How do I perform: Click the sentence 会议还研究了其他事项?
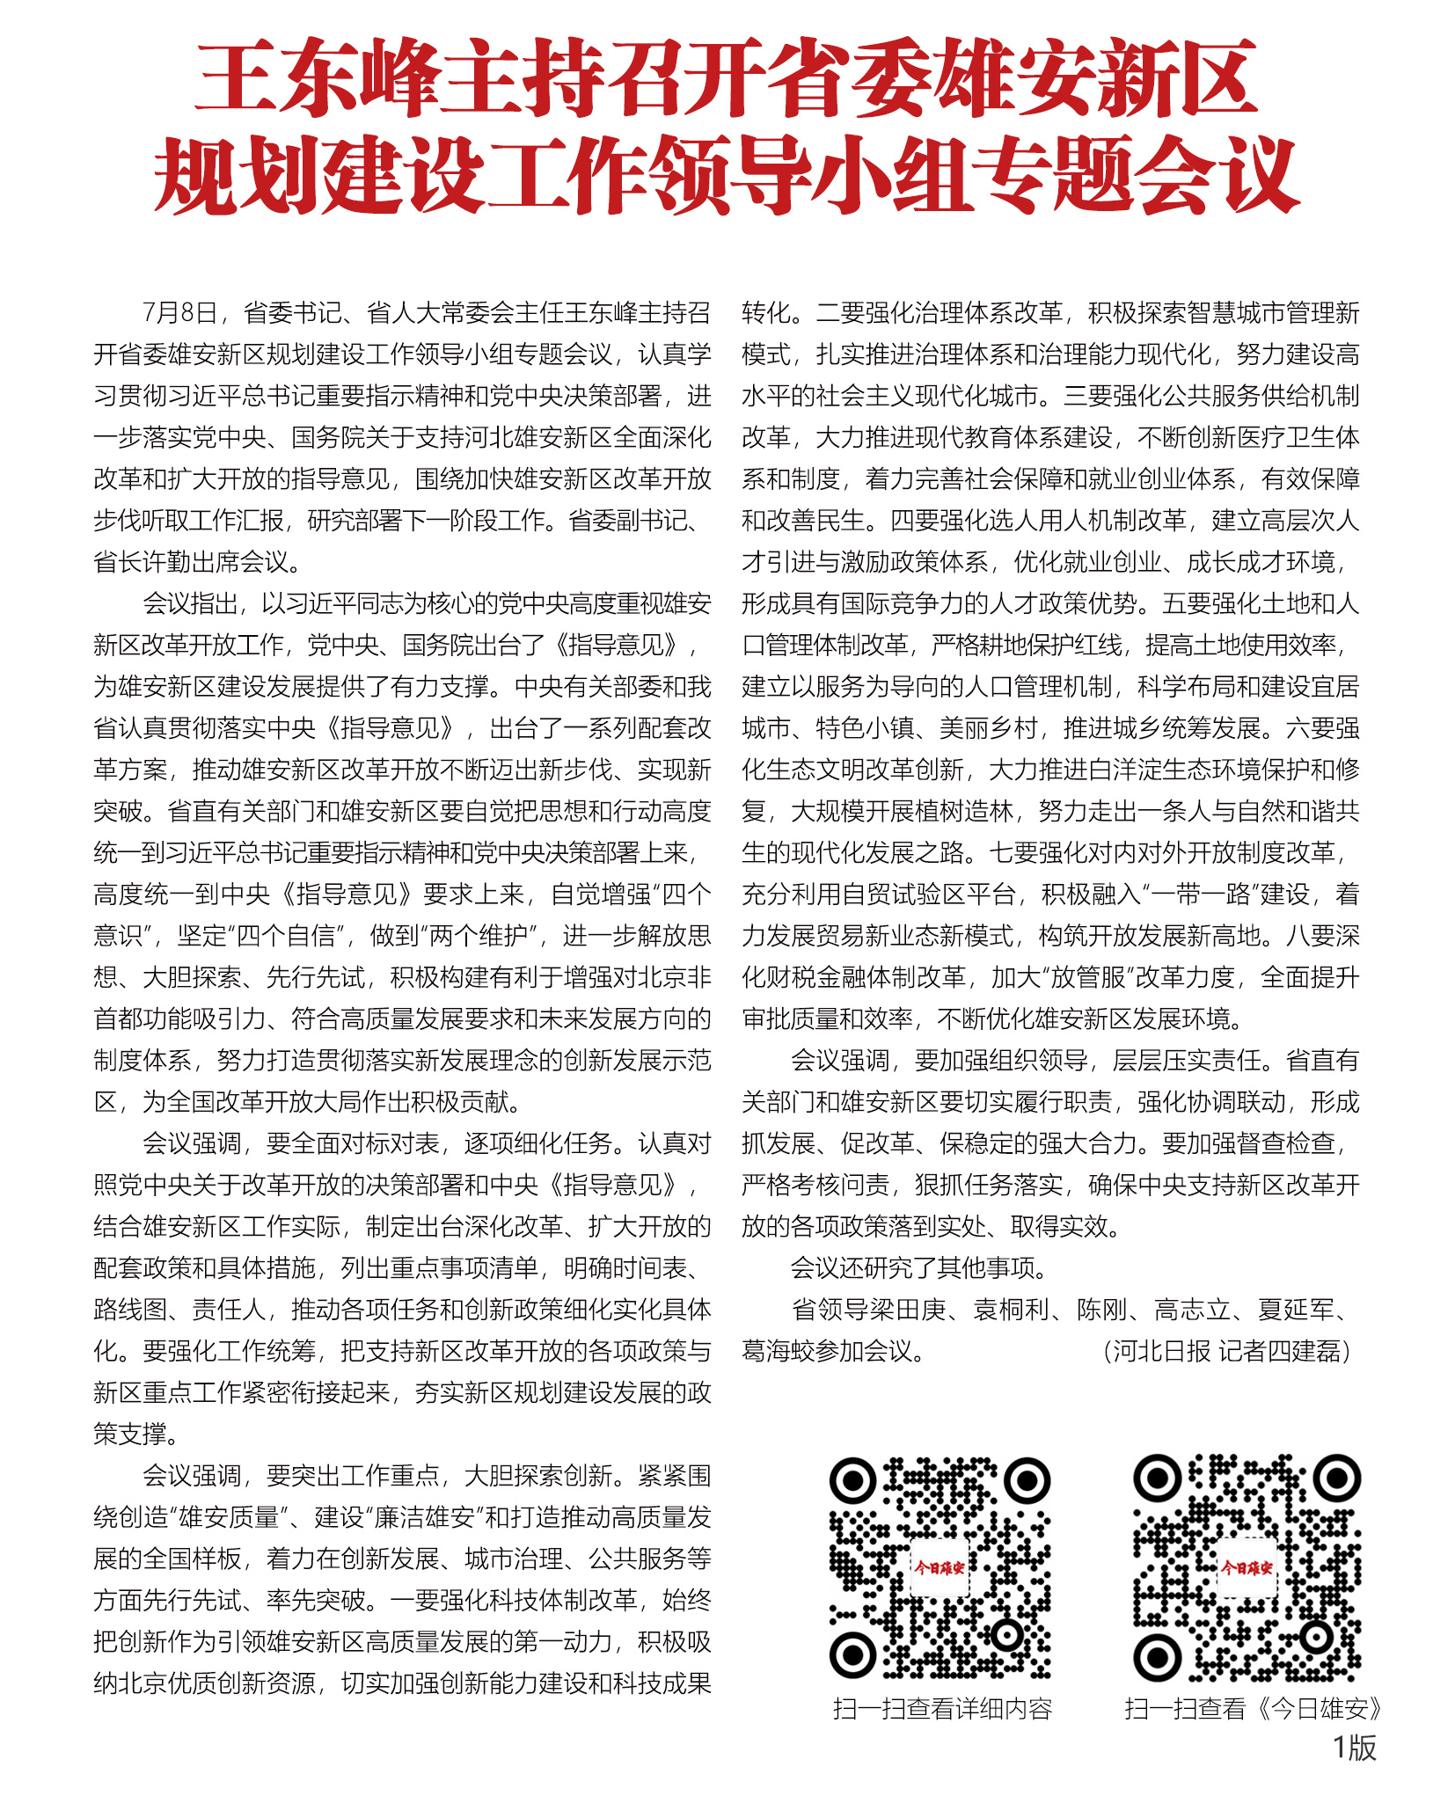pyautogui.click(x=918, y=1267)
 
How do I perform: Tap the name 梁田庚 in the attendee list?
pyautogui.click(x=908, y=1310)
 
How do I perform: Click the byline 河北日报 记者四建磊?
pyautogui.click(x=1227, y=1351)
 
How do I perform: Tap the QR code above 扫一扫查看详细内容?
pyautogui.click(x=940, y=1568)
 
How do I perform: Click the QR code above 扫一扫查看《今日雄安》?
pyautogui.click(x=1247, y=1568)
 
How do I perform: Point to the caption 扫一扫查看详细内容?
pyautogui.click(x=942, y=1709)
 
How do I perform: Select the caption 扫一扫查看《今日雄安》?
pyautogui.click(x=1253, y=1709)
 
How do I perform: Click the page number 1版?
pyautogui.click(x=1354, y=1748)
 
